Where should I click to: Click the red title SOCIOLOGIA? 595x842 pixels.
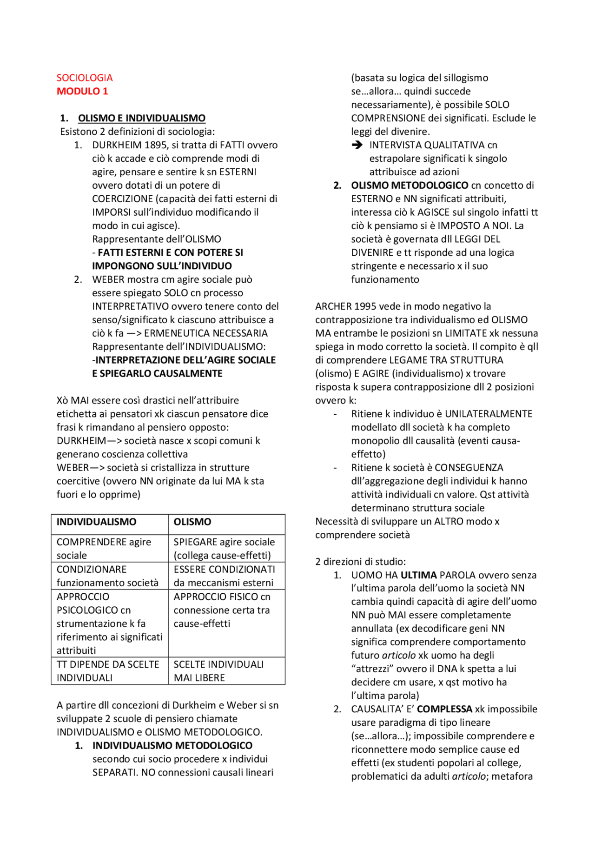(84, 78)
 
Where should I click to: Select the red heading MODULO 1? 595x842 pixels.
(82, 91)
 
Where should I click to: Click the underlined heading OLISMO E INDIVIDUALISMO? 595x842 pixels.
(141, 118)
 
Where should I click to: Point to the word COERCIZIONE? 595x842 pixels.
(122, 199)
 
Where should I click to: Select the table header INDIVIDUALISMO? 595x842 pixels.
(96, 522)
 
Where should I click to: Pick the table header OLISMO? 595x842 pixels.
(192, 522)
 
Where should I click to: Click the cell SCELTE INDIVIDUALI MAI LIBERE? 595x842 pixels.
(218, 671)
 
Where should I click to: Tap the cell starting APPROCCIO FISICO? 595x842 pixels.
(221, 610)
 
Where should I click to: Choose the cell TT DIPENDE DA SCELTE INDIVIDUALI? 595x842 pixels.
(107, 671)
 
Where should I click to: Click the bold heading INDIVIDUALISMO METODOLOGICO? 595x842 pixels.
(172, 746)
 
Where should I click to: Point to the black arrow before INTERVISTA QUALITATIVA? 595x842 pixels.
(357, 145)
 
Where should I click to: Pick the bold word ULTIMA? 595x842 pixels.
(418, 575)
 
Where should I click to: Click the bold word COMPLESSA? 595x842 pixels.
(444, 709)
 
